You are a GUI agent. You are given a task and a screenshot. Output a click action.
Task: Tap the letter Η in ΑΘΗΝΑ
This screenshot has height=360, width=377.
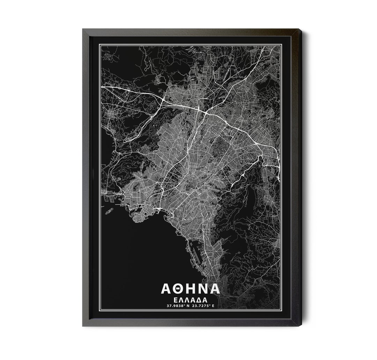[191, 289]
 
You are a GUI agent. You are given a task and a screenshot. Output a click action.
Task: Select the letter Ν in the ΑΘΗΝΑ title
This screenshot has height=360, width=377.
[202, 289]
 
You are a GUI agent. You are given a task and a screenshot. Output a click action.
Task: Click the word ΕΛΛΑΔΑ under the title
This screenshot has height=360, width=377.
[190, 300]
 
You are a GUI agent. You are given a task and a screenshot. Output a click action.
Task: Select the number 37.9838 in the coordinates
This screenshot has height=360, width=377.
[176, 306]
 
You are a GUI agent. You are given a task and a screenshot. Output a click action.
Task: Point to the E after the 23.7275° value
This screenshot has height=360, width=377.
[213, 306]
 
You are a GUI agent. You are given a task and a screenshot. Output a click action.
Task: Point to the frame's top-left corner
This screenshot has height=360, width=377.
[83, 30]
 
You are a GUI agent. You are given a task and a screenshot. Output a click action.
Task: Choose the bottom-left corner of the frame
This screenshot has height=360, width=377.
[83, 325]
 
